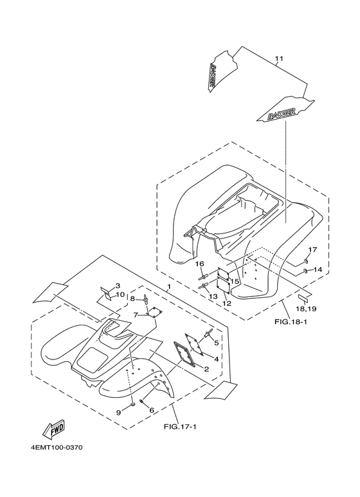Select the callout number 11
pyautogui.click(x=279, y=59)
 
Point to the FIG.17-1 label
pyautogui.click(x=180, y=427)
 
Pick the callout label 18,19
pyautogui.click(x=305, y=309)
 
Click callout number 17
pyautogui.click(x=312, y=250)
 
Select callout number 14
pyautogui.click(x=318, y=269)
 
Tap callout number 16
pyautogui.click(x=199, y=264)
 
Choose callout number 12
pyautogui.click(x=227, y=303)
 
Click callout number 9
pyautogui.click(x=118, y=412)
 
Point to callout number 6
pyautogui.click(x=152, y=410)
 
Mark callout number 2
pyautogui.click(x=206, y=368)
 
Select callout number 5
pyautogui.click(x=216, y=343)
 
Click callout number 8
pyautogui.click(x=133, y=298)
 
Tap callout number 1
pyautogui.click(x=169, y=286)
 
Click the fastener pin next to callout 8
pyautogui.click(x=146, y=300)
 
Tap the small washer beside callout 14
pyautogui.click(x=306, y=271)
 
